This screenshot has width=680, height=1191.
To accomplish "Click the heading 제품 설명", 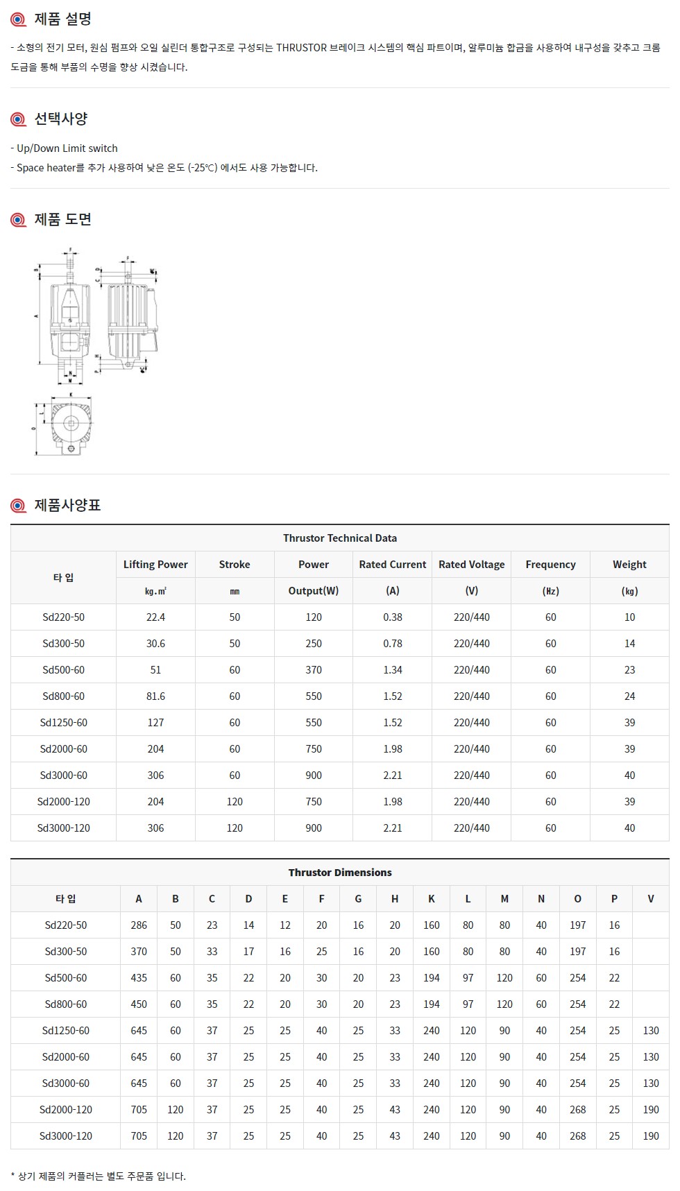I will pos(62,19).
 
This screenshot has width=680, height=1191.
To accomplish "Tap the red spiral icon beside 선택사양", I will pos(19,119).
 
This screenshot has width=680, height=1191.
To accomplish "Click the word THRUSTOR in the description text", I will pos(301,48).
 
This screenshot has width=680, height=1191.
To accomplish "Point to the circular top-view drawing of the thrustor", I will pos(71,424).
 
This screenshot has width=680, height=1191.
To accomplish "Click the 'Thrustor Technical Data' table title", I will pos(340,538).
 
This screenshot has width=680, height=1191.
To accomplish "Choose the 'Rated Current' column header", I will pos(393,565).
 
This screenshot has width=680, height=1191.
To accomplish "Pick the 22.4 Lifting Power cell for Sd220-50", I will pos(155,617).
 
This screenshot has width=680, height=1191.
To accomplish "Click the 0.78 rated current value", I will pos(393,644).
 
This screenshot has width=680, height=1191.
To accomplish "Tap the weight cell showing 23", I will pos(629,670).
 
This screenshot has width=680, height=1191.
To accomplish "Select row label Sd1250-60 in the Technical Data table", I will pos(64,723).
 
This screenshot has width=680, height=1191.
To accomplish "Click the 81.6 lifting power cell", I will pos(155,696).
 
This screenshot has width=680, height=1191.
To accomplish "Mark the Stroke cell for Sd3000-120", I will pos(235,828).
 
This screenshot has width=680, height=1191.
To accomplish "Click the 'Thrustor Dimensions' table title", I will pos(340,873).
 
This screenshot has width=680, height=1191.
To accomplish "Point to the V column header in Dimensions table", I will pos(651,899).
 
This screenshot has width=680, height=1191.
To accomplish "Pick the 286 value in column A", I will pos(139,925).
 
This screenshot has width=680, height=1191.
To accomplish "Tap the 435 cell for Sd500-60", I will pos(139,978).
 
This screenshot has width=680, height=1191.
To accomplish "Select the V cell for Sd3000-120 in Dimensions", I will pos(651,1136).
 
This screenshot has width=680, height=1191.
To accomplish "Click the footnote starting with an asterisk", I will pos(99,1176).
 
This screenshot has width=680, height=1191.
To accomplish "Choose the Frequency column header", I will pos(550,565).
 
